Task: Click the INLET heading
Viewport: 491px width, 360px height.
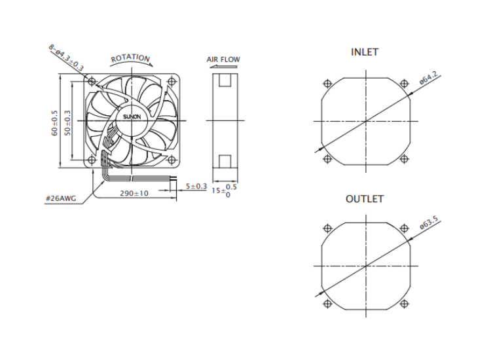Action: click(x=365, y=52)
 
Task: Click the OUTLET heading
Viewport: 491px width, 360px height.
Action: click(x=365, y=199)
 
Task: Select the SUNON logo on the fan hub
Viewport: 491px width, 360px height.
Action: click(x=132, y=117)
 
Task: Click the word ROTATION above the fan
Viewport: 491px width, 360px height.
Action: click(x=130, y=58)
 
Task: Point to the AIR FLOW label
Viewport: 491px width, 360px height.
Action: click(x=223, y=60)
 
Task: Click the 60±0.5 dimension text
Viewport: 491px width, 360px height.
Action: click(x=54, y=123)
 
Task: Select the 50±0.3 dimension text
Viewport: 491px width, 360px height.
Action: click(x=67, y=123)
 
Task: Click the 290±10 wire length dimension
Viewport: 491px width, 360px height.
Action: click(x=134, y=193)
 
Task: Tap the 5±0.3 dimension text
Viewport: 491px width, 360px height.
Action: click(x=196, y=187)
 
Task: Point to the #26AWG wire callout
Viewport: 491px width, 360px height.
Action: click(x=61, y=198)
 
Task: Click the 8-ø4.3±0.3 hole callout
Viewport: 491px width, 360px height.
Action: click(x=66, y=58)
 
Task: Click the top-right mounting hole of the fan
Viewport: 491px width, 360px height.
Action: click(x=172, y=82)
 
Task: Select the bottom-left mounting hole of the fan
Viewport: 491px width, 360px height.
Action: click(x=92, y=160)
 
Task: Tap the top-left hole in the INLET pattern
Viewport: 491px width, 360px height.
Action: click(x=327, y=84)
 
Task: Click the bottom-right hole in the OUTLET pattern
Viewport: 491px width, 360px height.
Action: click(x=405, y=304)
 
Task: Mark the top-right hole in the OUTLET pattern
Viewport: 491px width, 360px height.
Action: click(x=405, y=228)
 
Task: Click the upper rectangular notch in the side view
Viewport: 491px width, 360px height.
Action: click(x=225, y=80)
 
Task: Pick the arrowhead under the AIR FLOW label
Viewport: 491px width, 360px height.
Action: click(x=212, y=67)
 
